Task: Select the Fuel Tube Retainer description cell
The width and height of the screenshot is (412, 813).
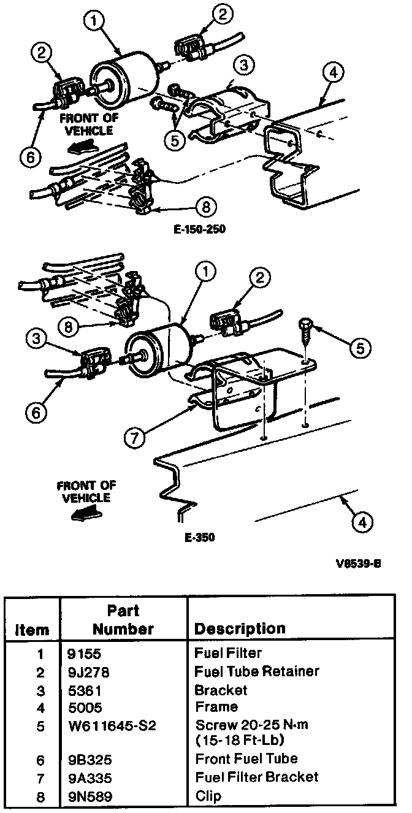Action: coord(256,671)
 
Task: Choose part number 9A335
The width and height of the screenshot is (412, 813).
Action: coord(90,778)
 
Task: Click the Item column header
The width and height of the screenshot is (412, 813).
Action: coord(32,630)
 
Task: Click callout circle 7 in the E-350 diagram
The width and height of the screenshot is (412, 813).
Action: coord(138,437)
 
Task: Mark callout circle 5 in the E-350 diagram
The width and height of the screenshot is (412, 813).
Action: coord(360,348)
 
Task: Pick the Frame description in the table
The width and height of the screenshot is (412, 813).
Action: coord(216,707)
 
